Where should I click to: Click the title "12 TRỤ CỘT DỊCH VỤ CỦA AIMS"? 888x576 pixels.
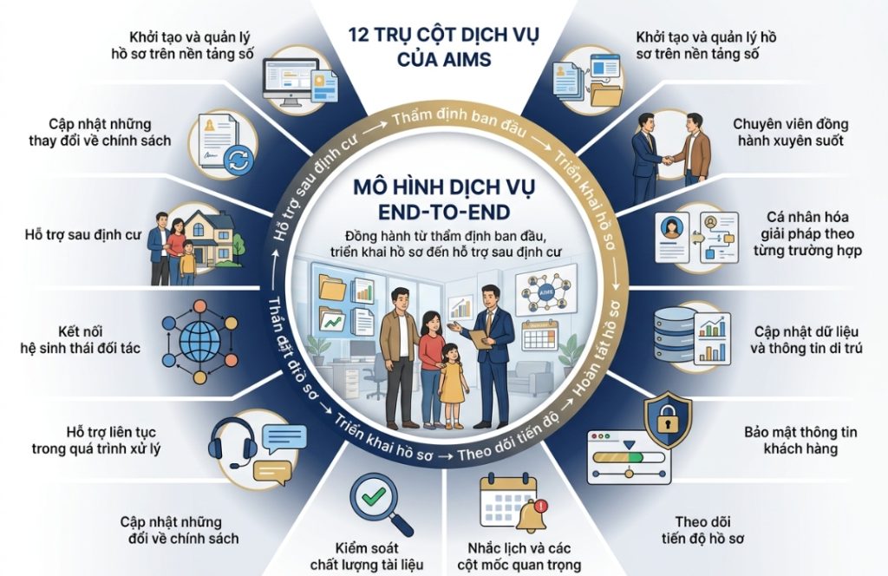click(444, 47)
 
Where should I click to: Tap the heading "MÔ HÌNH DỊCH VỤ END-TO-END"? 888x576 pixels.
click(444, 199)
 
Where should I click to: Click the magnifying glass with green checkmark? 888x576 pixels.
click(382, 505)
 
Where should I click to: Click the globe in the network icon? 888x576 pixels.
click(200, 342)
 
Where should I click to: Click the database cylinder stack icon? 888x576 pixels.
click(675, 336)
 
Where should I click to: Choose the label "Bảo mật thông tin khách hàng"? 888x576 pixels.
click(800, 441)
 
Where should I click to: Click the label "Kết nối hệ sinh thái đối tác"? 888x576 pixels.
click(80, 340)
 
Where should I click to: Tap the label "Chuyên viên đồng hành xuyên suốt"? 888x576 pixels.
click(791, 132)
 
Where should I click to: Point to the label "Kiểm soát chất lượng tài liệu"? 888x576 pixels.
click(367, 557)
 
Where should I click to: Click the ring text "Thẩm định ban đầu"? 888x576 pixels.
click(459, 123)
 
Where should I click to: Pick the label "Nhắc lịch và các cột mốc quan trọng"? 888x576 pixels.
click(519, 557)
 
